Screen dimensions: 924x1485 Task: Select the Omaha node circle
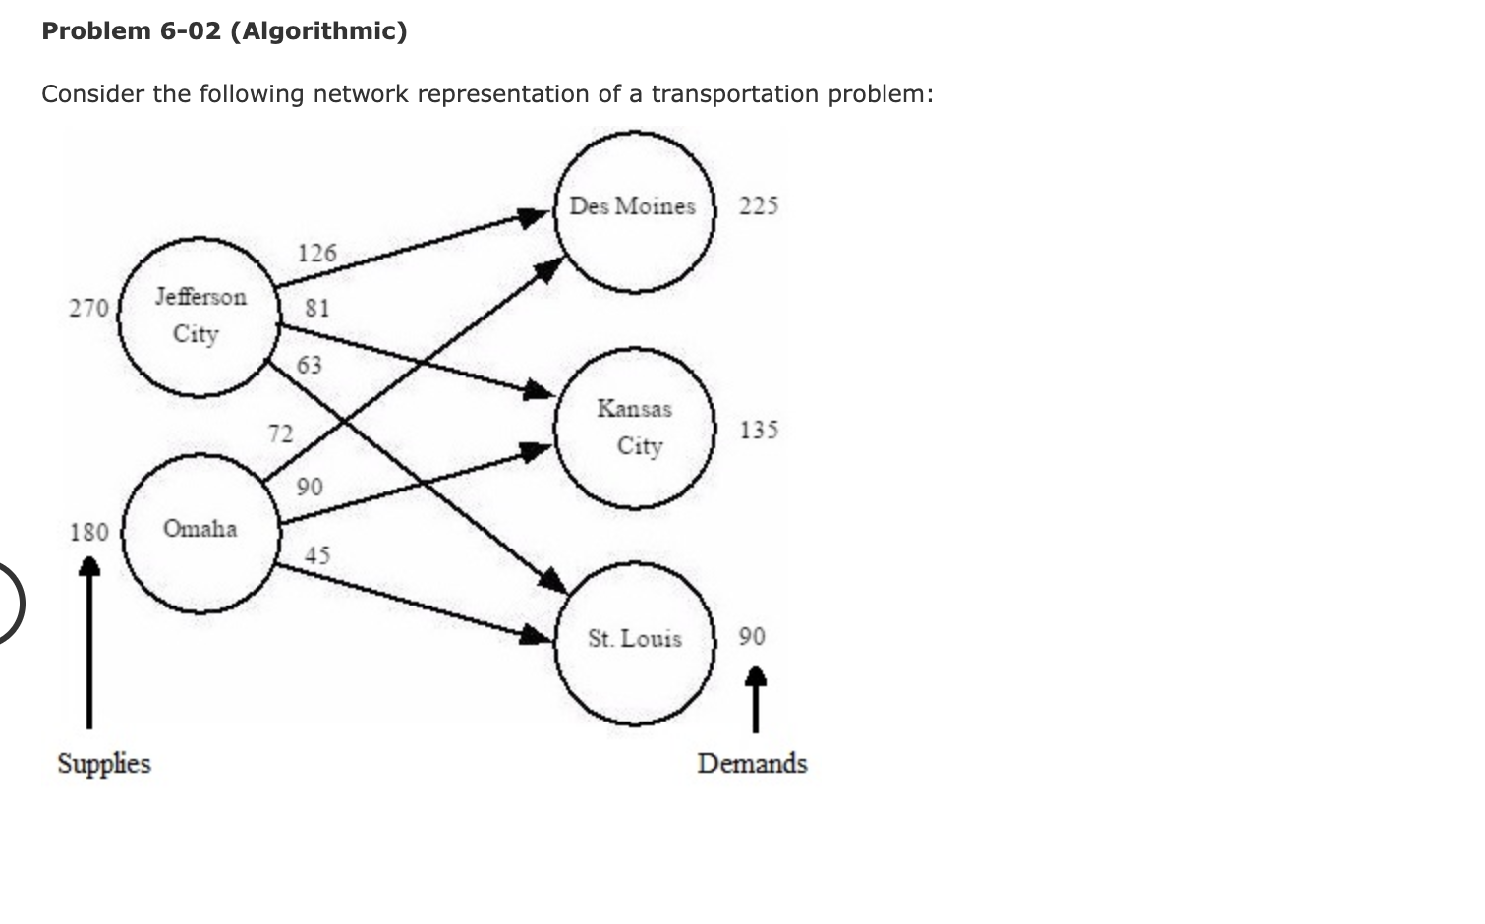(200, 532)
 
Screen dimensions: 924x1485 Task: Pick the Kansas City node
(634, 428)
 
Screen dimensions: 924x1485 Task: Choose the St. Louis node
(634, 642)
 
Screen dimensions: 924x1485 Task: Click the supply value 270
(88, 309)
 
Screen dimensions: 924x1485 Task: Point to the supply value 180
(88, 533)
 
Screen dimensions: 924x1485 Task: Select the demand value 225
(759, 206)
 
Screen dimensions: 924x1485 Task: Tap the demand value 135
(759, 430)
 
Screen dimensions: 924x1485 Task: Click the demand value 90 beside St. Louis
(752, 637)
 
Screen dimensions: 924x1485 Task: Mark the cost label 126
(316, 254)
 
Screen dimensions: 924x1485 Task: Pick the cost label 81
(316, 309)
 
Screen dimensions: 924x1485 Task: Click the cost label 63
(310, 366)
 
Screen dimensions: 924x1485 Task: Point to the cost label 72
(280, 433)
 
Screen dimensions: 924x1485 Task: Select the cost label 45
(316, 556)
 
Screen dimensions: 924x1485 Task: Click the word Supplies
(104, 764)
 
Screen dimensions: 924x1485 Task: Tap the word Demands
(752, 764)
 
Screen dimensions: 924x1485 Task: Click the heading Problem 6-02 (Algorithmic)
(224, 31)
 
